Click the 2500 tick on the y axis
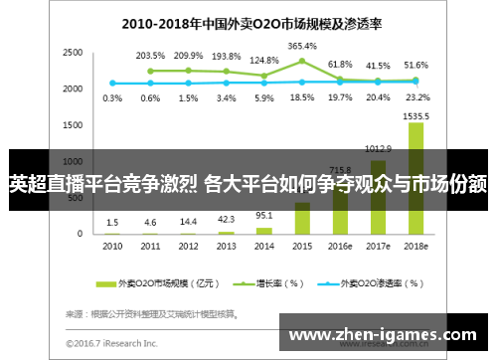pyautogui.click(x=73, y=53)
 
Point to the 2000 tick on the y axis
pyautogui.click(x=73, y=89)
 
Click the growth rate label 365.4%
pyautogui.click(x=302, y=47)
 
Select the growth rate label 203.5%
pyautogui.click(x=150, y=56)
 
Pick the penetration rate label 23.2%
pyautogui.click(x=416, y=98)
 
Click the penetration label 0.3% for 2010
pyautogui.click(x=112, y=98)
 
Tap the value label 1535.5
pyautogui.click(x=416, y=115)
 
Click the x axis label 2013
pyautogui.click(x=226, y=245)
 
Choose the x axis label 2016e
pyautogui.click(x=340, y=245)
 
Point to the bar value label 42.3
pyautogui.click(x=226, y=220)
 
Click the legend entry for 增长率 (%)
pyautogui.click(x=259, y=283)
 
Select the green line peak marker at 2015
pyautogui.click(x=302, y=61)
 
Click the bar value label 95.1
pyautogui.click(x=263, y=215)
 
